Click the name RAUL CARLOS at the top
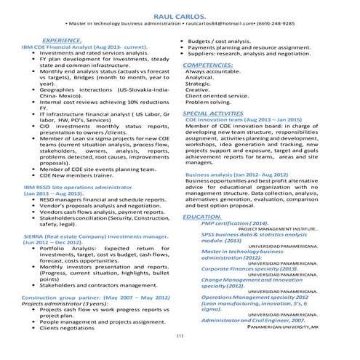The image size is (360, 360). pyautogui.click(x=180, y=16)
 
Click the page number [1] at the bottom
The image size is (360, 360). pyautogui.click(x=180, y=356)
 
